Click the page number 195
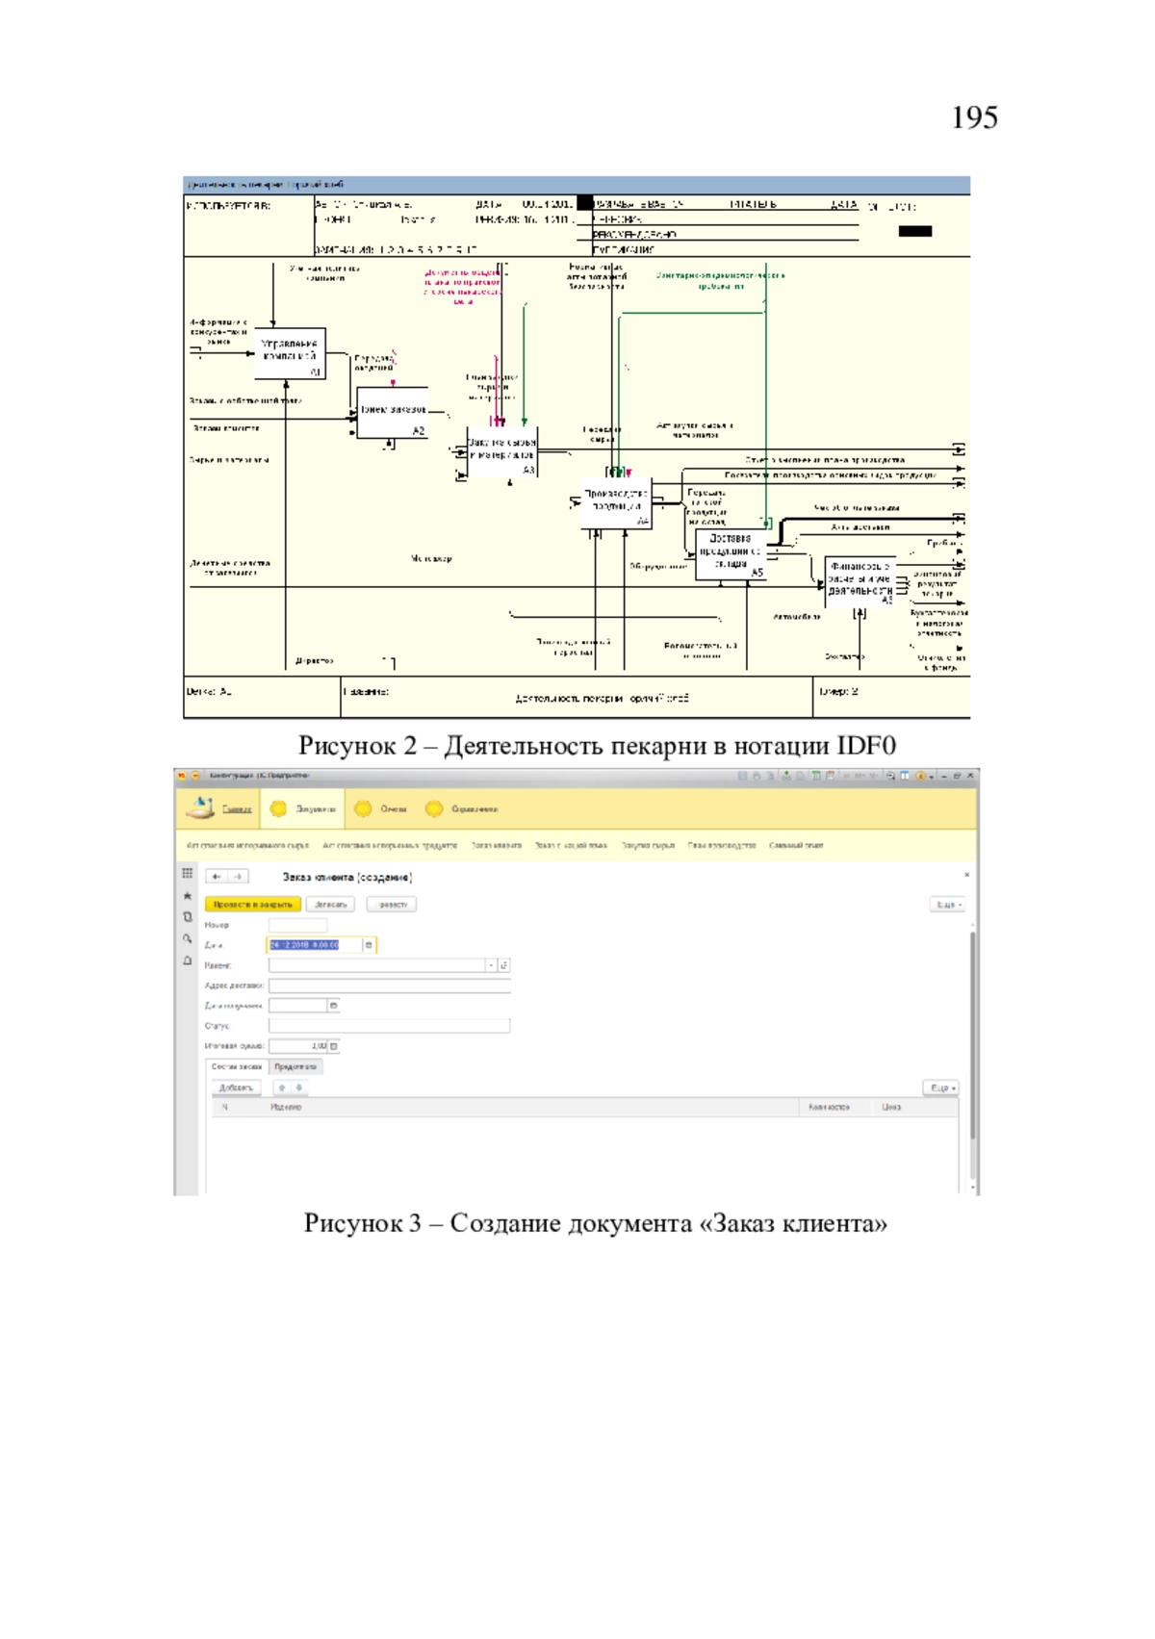point(974,117)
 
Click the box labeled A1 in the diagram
point(290,353)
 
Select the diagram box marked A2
point(392,413)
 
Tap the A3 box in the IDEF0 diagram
point(501,451)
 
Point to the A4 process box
point(616,502)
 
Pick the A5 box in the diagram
point(731,555)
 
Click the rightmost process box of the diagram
point(860,580)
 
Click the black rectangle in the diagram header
point(914,231)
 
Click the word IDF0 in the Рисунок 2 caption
point(866,746)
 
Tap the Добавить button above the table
point(236,1088)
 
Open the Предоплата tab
point(295,1066)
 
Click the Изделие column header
point(286,1108)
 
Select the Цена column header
point(891,1108)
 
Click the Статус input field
point(389,1026)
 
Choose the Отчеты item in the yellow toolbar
point(393,809)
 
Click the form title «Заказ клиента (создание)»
point(347,877)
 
